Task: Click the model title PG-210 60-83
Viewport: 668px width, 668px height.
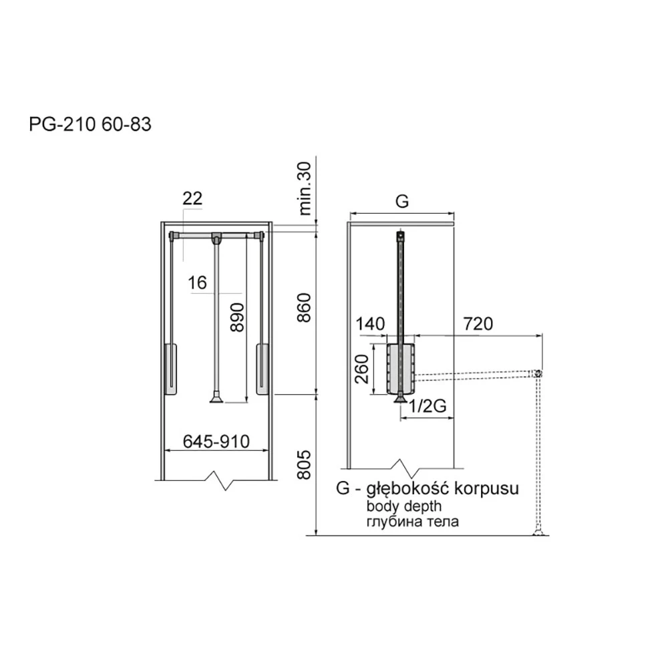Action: click(x=90, y=124)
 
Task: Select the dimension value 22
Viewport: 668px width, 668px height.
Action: click(x=192, y=198)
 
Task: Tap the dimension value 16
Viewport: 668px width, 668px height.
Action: click(x=197, y=283)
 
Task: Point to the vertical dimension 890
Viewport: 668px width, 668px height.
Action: click(x=237, y=317)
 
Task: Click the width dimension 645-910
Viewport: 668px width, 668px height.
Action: click(x=216, y=442)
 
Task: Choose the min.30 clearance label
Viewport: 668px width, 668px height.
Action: click(x=305, y=188)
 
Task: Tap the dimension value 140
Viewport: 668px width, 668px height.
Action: click(x=370, y=324)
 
